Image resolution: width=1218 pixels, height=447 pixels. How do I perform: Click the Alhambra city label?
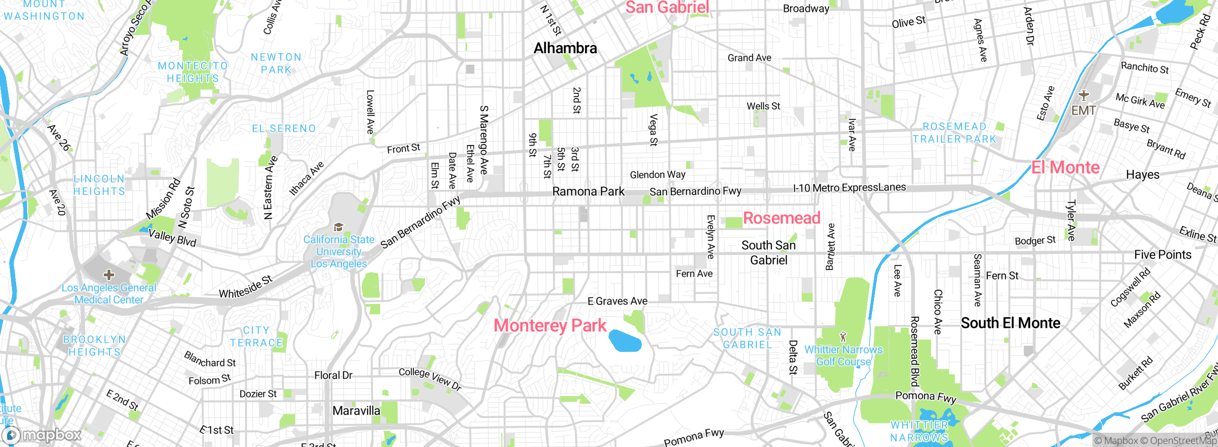pyautogui.click(x=565, y=48)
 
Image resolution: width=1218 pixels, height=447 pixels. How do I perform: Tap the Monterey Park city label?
pyautogui.click(x=550, y=326)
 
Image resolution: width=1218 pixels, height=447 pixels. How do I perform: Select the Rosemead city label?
pyautogui.click(x=782, y=218)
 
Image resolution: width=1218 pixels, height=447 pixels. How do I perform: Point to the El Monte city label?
pyautogui.click(x=1065, y=167)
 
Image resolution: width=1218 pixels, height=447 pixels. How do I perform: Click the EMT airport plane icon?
pyautogui.click(x=1084, y=95)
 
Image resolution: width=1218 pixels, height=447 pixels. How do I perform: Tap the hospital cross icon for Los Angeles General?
pyautogui.click(x=109, y=274)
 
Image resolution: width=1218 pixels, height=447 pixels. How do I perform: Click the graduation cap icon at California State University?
pyautogui.click(x=338, y=227)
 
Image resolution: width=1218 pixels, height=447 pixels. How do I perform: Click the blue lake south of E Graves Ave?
pyautogui.click(x=625, y=340)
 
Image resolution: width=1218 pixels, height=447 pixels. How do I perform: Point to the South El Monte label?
pyautogui.click(x=1011, y=323)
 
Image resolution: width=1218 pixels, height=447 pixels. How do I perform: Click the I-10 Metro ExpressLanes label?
pyautogui.click(x=849, y=188)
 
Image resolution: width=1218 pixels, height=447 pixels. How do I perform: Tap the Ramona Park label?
pyautogui.click(x=588, y=192)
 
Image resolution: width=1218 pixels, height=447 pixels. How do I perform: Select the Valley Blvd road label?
pyautogui.click(x=172, y=238)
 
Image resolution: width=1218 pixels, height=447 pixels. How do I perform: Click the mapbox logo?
pyautogui.click(x=43, y=435)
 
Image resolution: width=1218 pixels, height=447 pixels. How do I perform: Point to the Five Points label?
pyautogui.click(x=1162, y=255)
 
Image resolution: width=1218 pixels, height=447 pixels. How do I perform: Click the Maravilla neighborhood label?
pyautogui.click(x=356, y=411)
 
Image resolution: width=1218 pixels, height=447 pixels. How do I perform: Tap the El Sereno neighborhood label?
pyautogui.click(x=284, y=128)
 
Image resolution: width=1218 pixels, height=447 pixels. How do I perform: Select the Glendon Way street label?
pyautogui.click(x=658, y=175)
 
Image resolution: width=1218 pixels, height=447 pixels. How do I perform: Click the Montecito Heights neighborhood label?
pyautogui.click(x=193, y=72)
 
